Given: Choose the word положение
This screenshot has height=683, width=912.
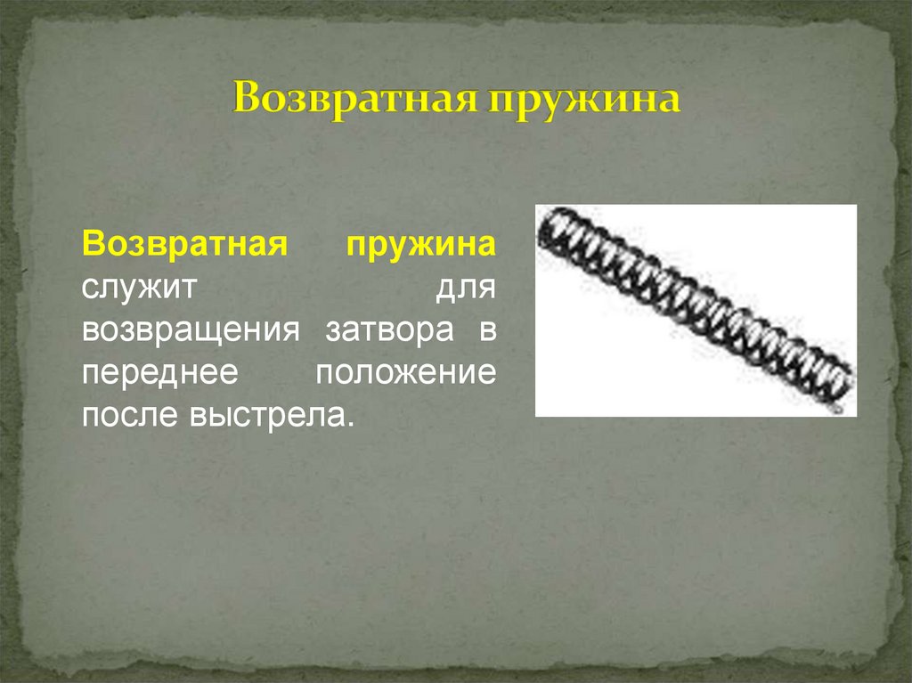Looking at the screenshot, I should pos(405,373).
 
